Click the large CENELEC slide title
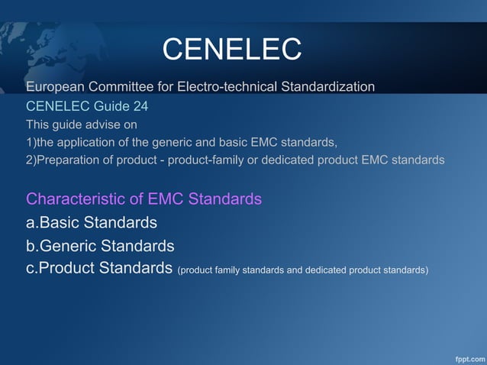[x=232, y=50]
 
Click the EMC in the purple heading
[x=166, y=199]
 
